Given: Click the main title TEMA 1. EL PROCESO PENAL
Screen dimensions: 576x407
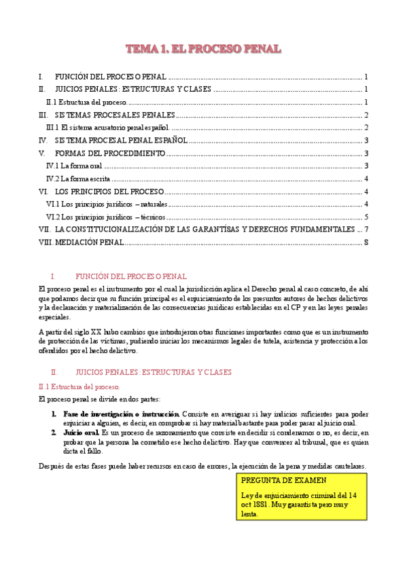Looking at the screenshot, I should click(x=203, y=49).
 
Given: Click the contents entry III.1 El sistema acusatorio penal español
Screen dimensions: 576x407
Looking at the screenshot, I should click(x=107, y=128).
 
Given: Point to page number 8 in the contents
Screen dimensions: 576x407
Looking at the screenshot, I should click(x=366, y=242).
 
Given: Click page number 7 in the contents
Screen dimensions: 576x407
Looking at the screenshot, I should click(x=366, y=230).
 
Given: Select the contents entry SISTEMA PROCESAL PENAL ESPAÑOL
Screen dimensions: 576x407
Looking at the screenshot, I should click(x=121, y=141).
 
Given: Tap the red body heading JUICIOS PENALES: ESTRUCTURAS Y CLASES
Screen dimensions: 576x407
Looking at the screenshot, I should click(x=154, y=372).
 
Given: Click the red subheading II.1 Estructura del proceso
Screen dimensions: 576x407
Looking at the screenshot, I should click(x=79, y=386).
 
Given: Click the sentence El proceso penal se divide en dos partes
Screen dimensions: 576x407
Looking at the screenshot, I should click(x=100, y=399).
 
